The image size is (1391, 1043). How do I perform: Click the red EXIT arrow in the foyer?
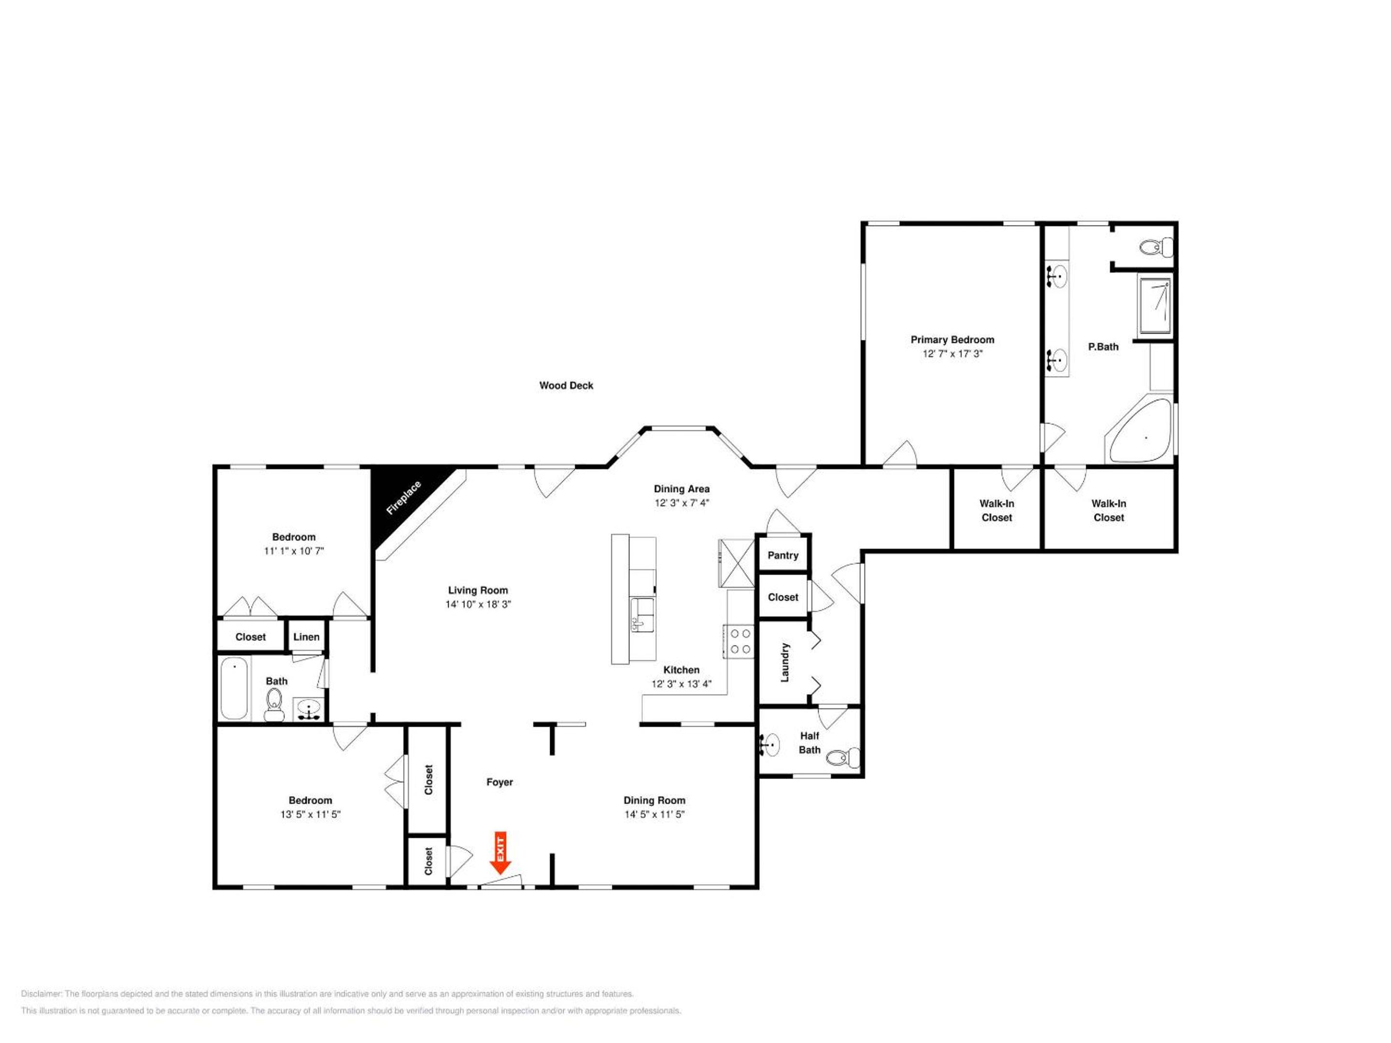500,853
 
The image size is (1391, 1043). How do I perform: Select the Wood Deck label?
566,385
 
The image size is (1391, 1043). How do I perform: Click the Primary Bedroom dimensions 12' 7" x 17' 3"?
952,353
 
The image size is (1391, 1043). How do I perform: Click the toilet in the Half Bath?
843,758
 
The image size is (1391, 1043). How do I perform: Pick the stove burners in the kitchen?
739,641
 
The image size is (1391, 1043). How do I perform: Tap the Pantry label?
783,555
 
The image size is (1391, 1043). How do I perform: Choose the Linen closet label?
306,637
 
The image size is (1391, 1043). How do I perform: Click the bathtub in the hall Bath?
234,688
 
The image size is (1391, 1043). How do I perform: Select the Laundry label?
784,662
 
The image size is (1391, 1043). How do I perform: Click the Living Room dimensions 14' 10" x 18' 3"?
478,604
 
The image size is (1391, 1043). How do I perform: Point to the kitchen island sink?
642,615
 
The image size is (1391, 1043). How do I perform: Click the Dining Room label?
654,800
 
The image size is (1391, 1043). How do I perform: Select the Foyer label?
499,782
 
